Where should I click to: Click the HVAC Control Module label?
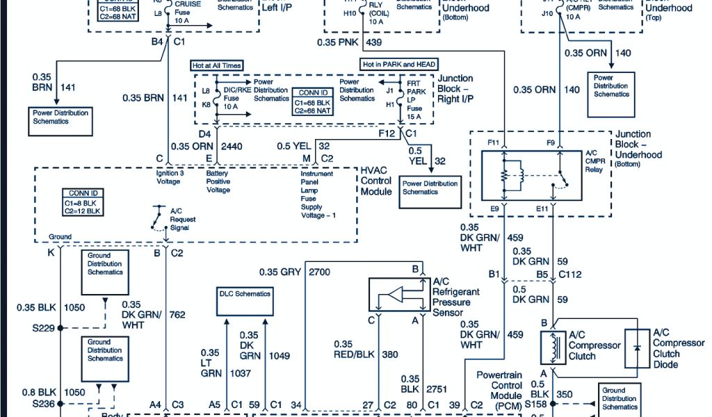pyautogui.click(x=377, y=181)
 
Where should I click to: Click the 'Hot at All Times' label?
pyautogui.click(x=216, y=65)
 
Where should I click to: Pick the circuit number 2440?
pyautogui.click(x=231, y=147)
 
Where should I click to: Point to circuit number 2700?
pyautogui.click(x=318, y=272)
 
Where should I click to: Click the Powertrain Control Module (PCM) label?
pyautogui.click(x=499, y=385)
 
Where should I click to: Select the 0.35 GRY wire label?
pyautogui.click(x=279, y=272)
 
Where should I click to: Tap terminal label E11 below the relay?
pyautogui.click(x=543, y=208)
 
